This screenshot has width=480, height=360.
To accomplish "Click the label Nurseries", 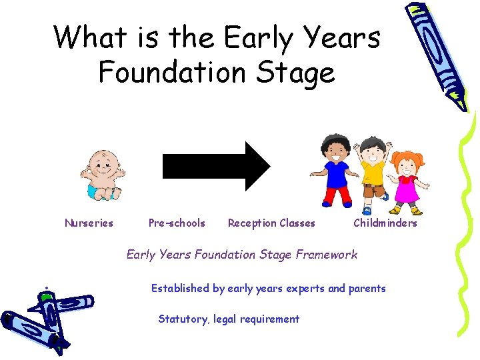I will pyautogui.click(x=89, y=223).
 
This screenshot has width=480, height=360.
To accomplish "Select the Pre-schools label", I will pyautogui.click(x=177, y=223).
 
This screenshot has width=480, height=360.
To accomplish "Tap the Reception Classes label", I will pyautogui.click(x=271, y=223).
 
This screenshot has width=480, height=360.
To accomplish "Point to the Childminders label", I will pyautogui.click(x=385, y=223).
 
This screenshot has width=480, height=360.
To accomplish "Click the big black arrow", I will pyautogui.click(x=216, y=165).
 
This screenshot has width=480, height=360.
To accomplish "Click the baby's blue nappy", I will pyautogui.click(x=97, y=191).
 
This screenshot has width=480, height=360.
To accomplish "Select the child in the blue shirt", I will pyautogui.click(x=335, y=170).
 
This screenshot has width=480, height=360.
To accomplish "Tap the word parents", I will pyautogui.click(x=366, y=289).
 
